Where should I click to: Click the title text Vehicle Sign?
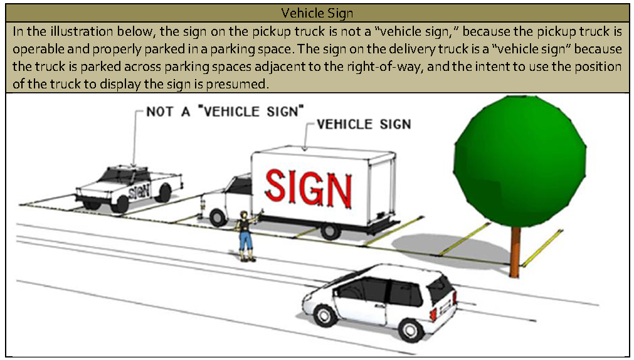317,13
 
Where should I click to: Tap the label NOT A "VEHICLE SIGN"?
225,112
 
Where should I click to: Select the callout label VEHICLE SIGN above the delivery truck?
364,124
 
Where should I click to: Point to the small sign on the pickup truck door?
139,189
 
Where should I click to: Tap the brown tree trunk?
515,251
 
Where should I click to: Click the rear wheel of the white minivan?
411,329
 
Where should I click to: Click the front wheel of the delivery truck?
218,216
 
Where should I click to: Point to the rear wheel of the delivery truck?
330,230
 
